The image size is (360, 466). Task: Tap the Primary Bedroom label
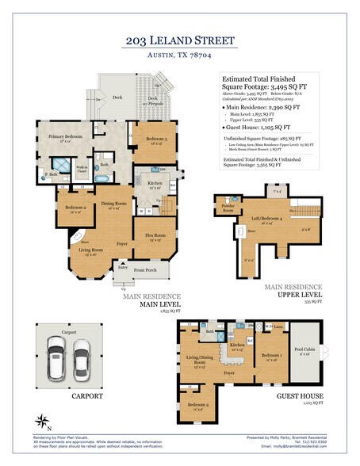(63, 136)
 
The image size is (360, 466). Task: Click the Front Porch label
(147, 270)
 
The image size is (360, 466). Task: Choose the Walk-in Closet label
(82, 168)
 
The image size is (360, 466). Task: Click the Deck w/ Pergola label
(151, 101)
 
